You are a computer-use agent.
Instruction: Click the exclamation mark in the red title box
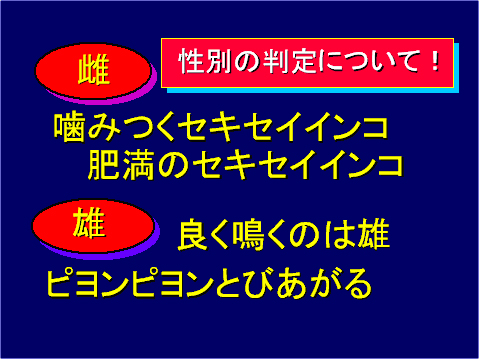(436, 60)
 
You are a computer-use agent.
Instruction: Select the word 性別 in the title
(208, 61)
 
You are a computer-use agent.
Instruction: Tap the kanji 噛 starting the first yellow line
(71, 128)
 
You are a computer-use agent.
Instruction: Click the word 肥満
(121, 163)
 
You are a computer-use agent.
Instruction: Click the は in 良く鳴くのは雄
(337, 237)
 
